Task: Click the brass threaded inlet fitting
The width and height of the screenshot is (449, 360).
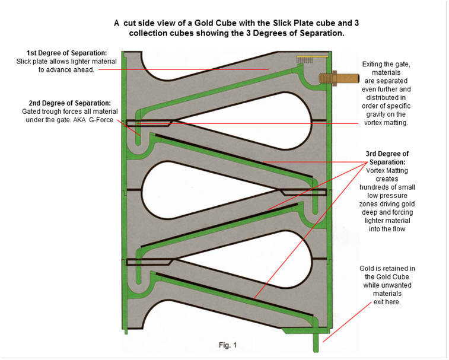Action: [x=339, y=78]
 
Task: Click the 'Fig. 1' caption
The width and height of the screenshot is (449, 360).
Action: [x=228, y=345]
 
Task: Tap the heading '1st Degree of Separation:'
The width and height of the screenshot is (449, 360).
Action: [x=66, y=53]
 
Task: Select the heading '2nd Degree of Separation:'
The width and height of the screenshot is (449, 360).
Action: [x=69, y=103]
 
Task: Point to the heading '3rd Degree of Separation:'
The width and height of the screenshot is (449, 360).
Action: [x=387, y=158]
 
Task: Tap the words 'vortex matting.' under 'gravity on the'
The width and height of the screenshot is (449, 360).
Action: [x=386, y=123]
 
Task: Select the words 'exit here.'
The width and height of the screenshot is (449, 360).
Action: [x=387, y=302]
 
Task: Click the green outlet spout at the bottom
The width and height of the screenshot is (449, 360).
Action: [x=316, y=343]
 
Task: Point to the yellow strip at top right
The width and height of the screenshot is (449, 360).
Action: [x=312, y=57]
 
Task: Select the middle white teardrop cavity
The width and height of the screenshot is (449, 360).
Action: [x=209, y=190]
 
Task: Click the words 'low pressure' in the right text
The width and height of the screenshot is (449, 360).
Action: [x=387, y=196]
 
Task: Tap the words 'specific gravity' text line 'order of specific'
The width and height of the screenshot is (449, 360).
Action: [x=386, y=106]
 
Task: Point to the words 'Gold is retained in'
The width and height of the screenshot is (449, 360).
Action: [x=387, y=269]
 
